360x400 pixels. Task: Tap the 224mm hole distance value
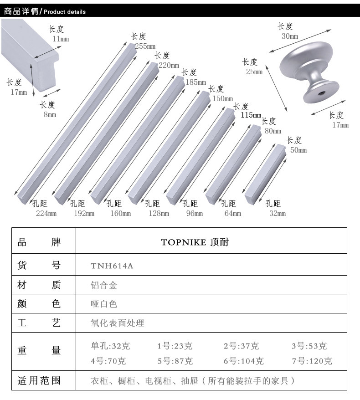tap(46, 213)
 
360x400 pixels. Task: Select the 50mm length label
tap(298, 150)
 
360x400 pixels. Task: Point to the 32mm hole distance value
tap(278, 213)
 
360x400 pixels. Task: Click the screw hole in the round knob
tap(321, 94)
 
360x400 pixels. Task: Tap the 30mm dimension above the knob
tap(290, 36)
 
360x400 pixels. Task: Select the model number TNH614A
tap(112, 266)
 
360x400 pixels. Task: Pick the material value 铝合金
tap(104, 286)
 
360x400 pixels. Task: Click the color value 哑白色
tap(104, 304)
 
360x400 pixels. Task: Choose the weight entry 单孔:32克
tap(111, 346)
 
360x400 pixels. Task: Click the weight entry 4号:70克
tap(108, 361)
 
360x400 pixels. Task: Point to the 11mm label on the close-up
tap(61, 39)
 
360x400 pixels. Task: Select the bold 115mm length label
tap(251, 115)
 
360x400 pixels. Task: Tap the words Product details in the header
tap(65, 12)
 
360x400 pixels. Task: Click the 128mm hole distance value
tap(159, 213)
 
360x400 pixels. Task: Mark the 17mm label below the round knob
tap(340, 125)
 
